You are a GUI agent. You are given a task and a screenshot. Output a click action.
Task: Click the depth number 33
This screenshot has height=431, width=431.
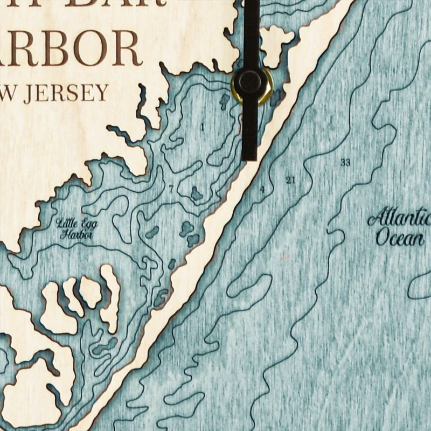[x=345, y=163]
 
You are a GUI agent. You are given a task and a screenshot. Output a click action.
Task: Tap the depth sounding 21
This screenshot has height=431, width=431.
[x=291, y=180]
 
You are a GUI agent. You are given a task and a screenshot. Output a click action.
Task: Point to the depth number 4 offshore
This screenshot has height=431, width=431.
[x=262, y=189]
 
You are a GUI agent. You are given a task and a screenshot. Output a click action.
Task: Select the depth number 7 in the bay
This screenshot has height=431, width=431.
[x=171, y=189]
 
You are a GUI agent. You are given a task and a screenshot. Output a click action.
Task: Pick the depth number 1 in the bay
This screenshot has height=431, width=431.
[x=202, y=128]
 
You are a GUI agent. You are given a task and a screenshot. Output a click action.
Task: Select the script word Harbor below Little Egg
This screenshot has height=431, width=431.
[x=78, y=235]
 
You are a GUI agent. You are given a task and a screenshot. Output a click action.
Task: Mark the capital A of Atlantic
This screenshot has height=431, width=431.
[x=376, y=219]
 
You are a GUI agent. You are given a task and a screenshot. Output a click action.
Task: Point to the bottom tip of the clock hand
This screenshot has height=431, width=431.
[x=249, y=157]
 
